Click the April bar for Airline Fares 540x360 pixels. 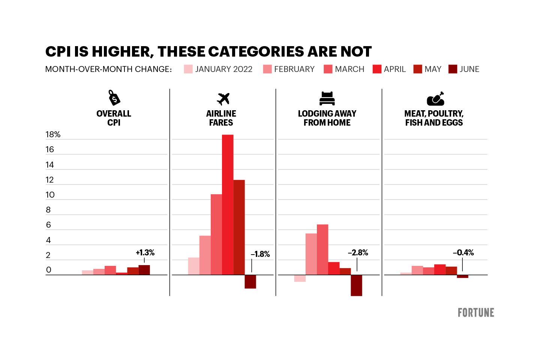228,204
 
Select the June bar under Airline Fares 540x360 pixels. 250,282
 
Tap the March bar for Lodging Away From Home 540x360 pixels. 322,249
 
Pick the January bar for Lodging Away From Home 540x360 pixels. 300,278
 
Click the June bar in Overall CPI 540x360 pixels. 144,270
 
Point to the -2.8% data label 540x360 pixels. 358,253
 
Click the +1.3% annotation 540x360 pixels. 145,253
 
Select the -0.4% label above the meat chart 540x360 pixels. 463,253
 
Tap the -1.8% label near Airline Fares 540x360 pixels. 260,254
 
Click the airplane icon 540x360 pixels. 223,99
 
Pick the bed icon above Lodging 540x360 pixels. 327,98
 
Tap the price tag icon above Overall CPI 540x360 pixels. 114,97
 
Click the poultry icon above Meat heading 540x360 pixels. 435,99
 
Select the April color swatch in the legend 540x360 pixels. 377,69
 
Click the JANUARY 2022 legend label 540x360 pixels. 223,69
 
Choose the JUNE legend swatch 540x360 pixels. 453,69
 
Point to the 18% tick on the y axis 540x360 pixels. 53,135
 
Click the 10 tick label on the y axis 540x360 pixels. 50,195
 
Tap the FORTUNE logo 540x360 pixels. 476,313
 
